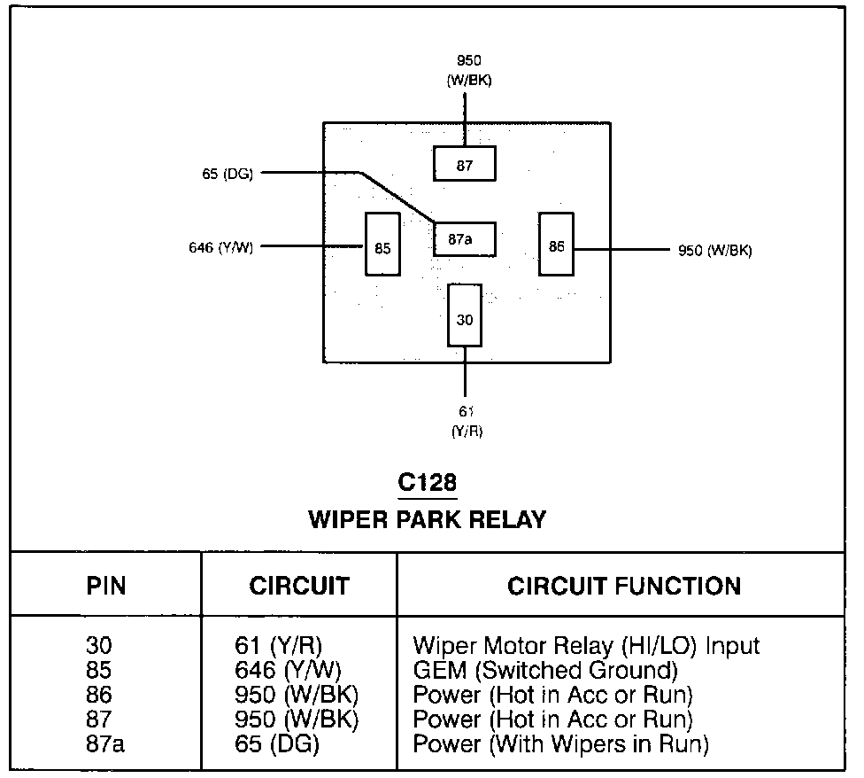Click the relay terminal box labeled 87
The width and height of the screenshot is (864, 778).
click(x=464, y=165)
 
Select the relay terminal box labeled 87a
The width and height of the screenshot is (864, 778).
click(x=464, y=239)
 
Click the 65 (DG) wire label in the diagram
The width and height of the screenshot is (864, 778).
click(x=228, y=174)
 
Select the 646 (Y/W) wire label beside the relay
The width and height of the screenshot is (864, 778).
click(x=222, y=248)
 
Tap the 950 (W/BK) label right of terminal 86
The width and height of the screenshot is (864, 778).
click(x=714, y=250)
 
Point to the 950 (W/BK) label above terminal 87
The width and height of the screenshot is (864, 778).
click(x=469, y=71)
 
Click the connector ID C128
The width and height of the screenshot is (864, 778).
click(x=427, y=484)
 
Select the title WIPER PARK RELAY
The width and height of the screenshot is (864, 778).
click(x=427, y=519)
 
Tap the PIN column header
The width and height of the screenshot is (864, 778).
click(x=106, y=586)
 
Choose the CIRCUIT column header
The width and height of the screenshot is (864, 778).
click(x=299, y=586)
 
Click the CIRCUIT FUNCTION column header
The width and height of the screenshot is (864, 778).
click(x=624, y=586)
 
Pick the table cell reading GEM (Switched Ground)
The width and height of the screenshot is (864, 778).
click(x=545, y=670)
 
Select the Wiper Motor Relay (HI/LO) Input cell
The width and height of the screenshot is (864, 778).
click(x=586, y=645)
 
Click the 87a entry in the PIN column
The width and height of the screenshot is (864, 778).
click(x=106, y=744)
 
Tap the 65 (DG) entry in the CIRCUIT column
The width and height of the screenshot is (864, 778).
click(x=274, y=744)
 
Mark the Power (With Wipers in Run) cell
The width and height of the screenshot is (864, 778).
click(x=561, y=744)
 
